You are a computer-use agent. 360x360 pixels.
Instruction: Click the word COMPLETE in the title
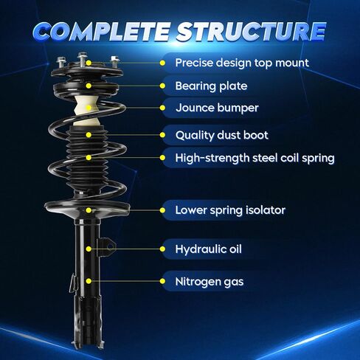101,31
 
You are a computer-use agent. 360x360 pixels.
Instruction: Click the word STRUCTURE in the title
251,31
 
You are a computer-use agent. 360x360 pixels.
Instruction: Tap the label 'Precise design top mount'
242,63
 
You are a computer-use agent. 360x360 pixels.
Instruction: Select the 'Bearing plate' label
211,86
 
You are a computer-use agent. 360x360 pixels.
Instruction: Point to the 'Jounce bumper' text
217,108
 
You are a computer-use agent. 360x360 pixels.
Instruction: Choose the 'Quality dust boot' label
222,135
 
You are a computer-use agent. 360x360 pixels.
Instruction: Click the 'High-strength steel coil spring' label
255,158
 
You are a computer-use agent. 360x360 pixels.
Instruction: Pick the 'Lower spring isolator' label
230,210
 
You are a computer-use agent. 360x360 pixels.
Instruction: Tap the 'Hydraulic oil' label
208,249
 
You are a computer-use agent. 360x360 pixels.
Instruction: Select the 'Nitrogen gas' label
210,282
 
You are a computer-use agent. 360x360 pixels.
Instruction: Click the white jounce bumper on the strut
86,111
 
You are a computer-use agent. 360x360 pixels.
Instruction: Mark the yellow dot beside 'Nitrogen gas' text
162,281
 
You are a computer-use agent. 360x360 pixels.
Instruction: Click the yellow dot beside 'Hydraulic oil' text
162,249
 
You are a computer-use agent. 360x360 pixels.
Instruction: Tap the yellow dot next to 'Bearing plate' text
162,86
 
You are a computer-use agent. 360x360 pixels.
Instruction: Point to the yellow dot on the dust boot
89,135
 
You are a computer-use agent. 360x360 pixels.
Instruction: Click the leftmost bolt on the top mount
60,63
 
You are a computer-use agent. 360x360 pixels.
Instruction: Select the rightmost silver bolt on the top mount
114,61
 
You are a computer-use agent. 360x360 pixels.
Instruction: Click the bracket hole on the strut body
110,246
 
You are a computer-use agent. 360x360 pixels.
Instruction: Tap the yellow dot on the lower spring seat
89,210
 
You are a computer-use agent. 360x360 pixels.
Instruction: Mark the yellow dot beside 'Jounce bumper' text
162,108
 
